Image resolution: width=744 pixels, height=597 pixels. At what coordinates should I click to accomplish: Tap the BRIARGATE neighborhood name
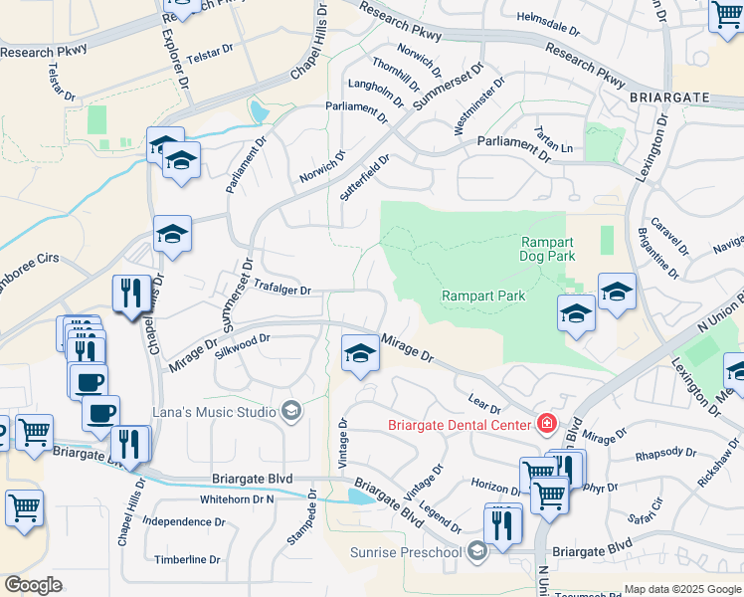tap(668, 97)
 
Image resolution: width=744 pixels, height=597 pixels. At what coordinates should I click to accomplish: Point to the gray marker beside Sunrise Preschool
tap(478, 551)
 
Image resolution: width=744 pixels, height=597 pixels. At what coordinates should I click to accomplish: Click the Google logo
tap(33, 585)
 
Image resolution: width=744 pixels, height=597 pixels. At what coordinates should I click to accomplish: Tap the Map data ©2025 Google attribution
tap(682, 589)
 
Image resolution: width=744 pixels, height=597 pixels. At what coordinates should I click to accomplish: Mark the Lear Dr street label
tap(482, 404)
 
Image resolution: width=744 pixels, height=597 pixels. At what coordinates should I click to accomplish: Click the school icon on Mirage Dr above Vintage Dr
tap(359, 353)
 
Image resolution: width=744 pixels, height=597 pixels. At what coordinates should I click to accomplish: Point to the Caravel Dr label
tap(668, 236)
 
